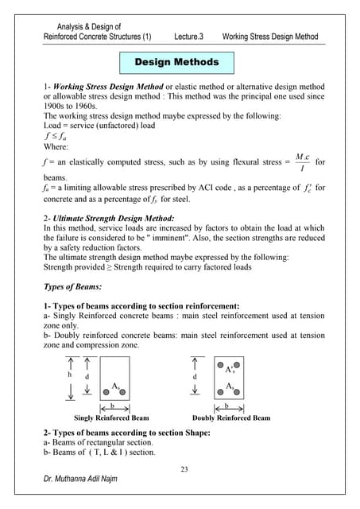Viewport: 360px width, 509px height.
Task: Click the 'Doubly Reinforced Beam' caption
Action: [231, 418]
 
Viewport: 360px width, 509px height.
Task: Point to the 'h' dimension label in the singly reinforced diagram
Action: [71, 375]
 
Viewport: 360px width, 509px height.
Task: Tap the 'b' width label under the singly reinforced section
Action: [112, 405]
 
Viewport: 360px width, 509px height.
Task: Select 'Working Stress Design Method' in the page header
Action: [270, 37]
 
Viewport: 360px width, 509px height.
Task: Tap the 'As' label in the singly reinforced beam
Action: [116, 385]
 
